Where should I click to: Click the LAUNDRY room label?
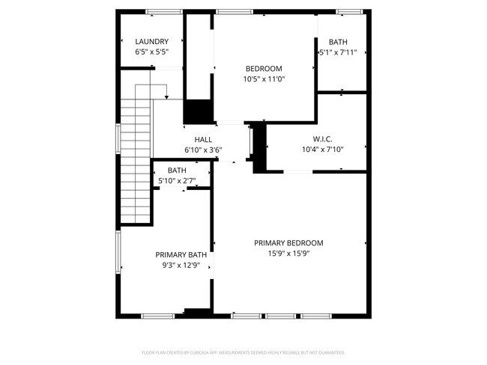151,42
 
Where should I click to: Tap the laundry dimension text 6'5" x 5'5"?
151,52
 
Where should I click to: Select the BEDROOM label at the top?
264,69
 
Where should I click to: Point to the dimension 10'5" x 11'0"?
264,79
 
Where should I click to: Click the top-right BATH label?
338,42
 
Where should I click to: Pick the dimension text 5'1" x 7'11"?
338,53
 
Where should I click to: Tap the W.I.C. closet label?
322,138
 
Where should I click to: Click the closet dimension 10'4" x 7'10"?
322,149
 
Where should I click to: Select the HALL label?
203,139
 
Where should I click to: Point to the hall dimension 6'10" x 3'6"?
203,150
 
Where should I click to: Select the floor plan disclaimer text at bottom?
243,352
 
